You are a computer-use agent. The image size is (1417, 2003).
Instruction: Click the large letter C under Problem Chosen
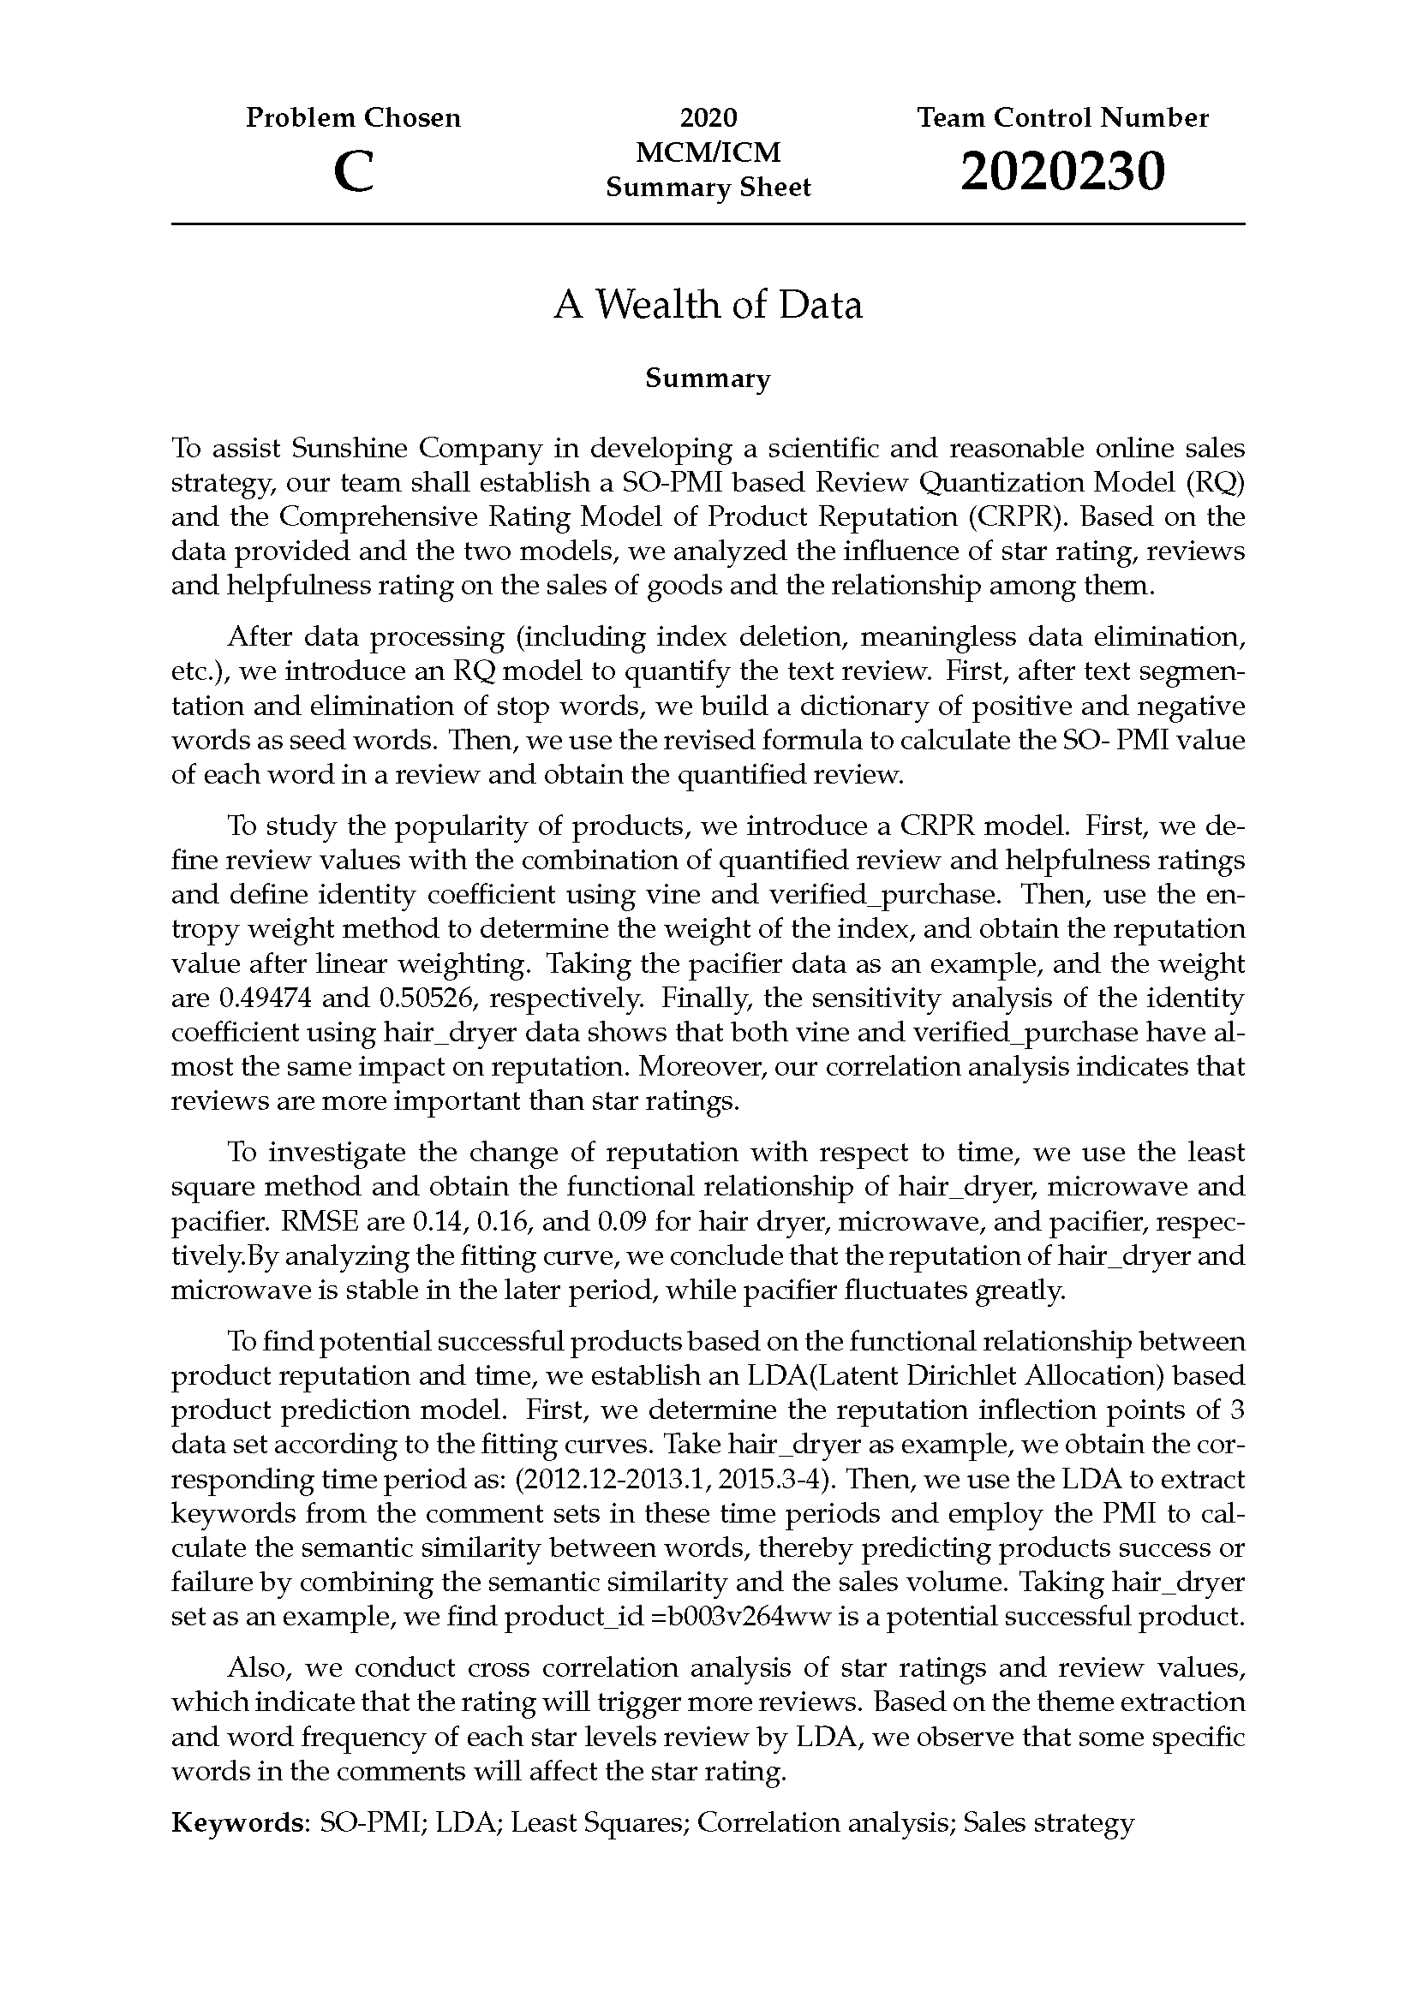coord(353,172)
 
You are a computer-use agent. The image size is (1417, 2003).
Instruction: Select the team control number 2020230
coord(1061,171)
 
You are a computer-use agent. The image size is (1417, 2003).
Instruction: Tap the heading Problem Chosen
coord(352,118)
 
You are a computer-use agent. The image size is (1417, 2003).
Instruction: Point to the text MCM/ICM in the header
coord(708,152)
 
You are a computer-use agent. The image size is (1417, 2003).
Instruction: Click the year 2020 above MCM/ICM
coord(708,118)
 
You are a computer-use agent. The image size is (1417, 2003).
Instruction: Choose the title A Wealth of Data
coord(708,305)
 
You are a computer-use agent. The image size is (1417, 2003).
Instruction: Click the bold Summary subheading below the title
coord(708,379)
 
